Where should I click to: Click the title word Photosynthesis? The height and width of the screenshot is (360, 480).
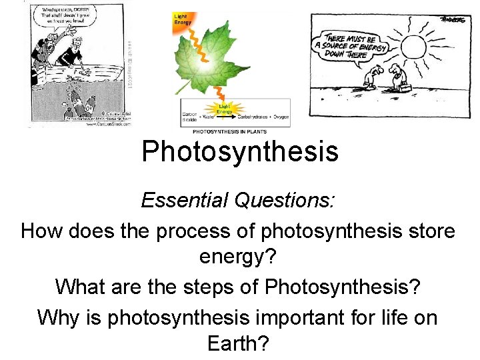(240, 151)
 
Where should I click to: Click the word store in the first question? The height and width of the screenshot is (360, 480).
(427, 231)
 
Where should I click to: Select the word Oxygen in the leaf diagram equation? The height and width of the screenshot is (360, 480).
(281, 117)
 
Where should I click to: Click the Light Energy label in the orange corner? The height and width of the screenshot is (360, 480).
(181, 19)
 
